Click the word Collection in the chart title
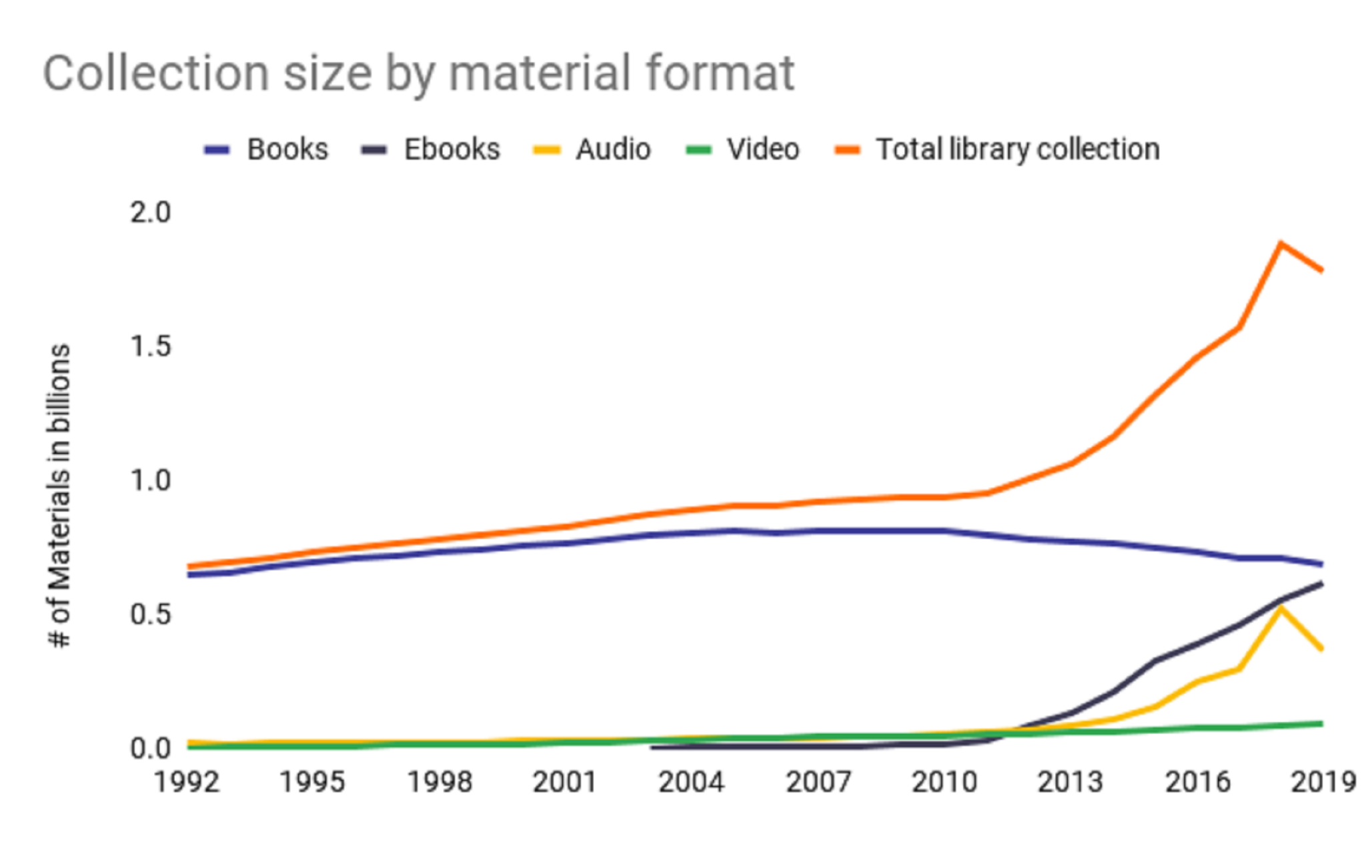click(x=155, y=73)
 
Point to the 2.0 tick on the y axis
click(x=151, y=213)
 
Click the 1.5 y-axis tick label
click(x=151, y=346)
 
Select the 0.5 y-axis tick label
click(x=151, y=614)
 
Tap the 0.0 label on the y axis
click(x=151, y=749)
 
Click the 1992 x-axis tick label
click(x=187, y=782)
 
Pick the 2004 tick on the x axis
click(x=691, y=782)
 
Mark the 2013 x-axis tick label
click(x=1070, y=782)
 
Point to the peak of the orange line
click(x=1281, y=244)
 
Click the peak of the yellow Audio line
click(x=1281, y=608)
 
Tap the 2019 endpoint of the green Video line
click(x=1321, y=724)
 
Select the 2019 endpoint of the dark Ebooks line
click(x=1321, y=584)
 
